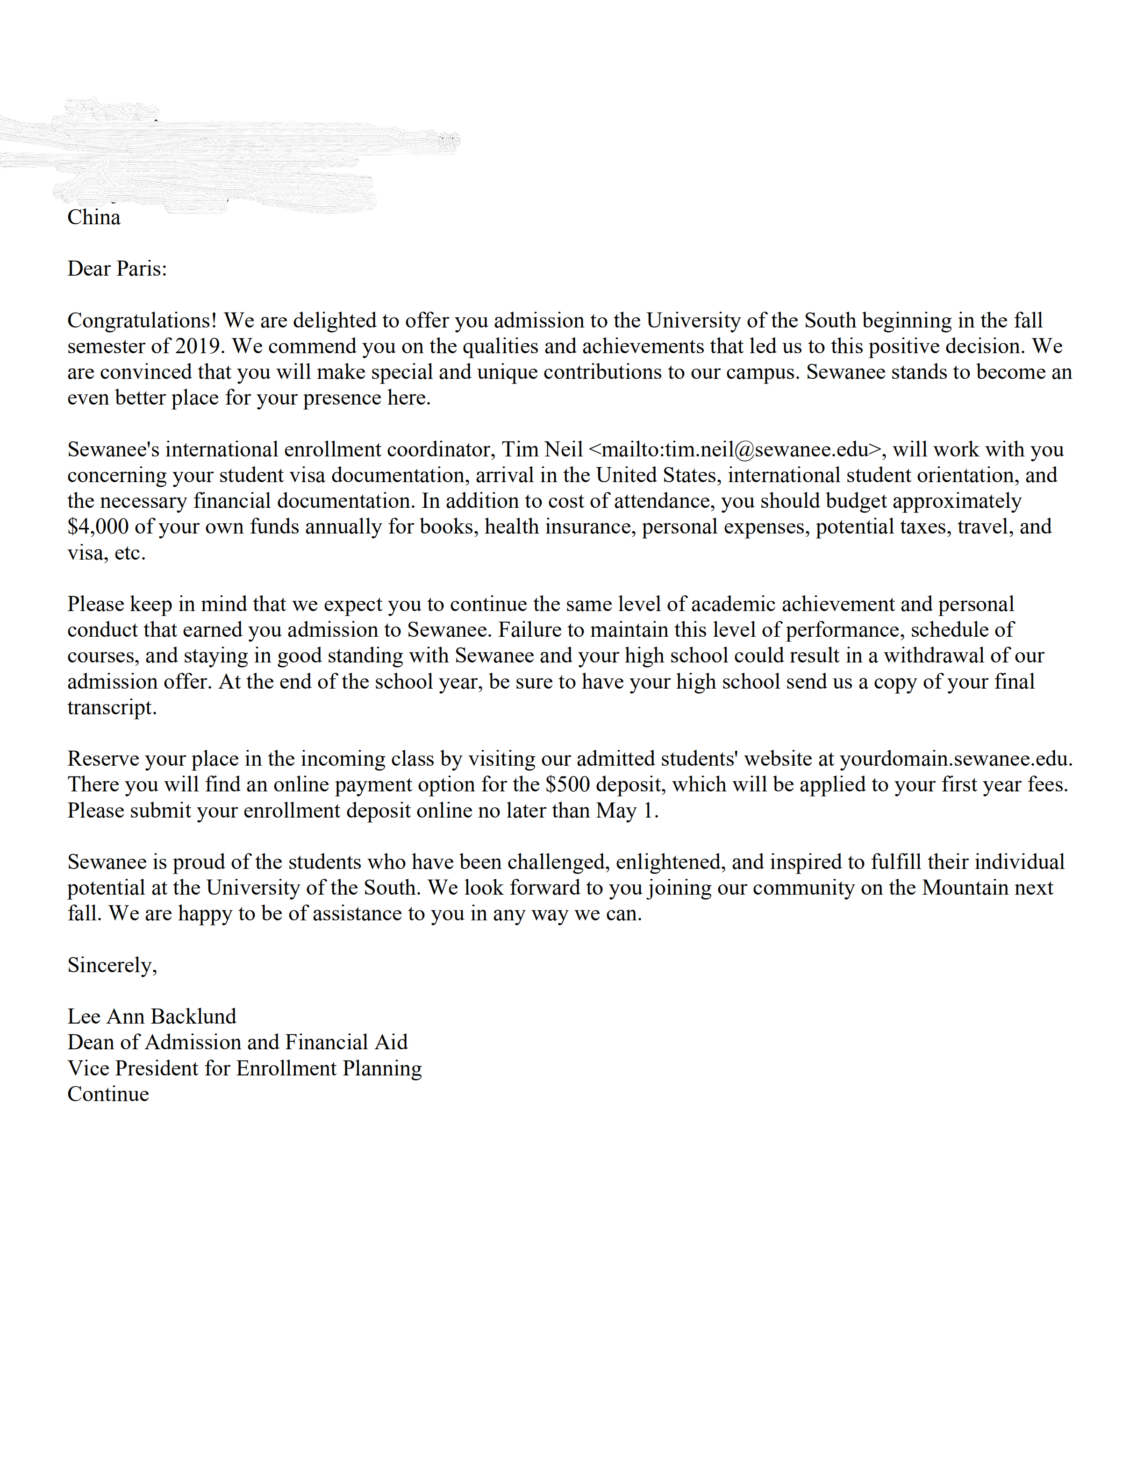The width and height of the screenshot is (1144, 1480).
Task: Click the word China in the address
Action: coord(93,218)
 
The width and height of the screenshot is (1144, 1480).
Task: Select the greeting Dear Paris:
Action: coord(116,269)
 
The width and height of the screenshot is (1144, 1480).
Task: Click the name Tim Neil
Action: coord(542,449)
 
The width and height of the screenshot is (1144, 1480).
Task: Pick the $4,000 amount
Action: coord(98,527)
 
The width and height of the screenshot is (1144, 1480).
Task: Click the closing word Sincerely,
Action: coord(112,965)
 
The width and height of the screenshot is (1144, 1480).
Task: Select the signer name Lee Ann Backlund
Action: coord(152,1017)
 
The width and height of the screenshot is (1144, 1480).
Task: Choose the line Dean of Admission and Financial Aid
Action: coord(237,1042)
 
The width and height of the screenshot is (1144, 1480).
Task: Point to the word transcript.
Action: coord(111,707)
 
